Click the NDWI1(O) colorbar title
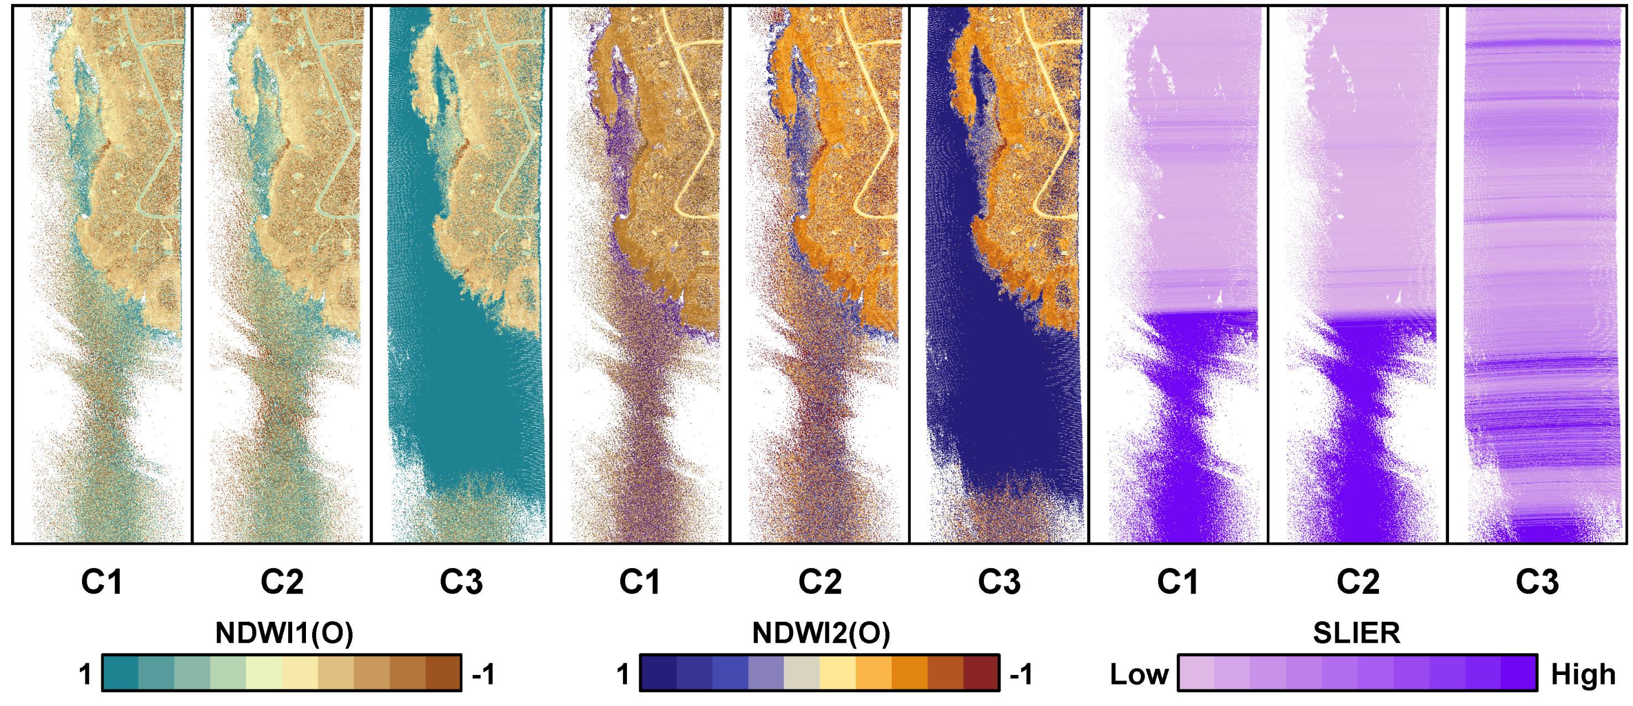(283, 632)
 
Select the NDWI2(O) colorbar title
(821, 632)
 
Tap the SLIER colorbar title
(1356, 632)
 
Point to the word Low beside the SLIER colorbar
(1139, 674)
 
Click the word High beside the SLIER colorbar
(1583, 674)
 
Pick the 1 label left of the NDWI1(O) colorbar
(85, 674)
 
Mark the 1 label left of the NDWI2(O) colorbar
(623, 674)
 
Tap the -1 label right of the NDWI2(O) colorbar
(1021, 674)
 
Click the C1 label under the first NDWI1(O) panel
(101, 582)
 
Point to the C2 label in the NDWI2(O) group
(820, 582)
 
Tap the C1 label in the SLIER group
(1178, 582)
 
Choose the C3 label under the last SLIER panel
(1537, 582)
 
